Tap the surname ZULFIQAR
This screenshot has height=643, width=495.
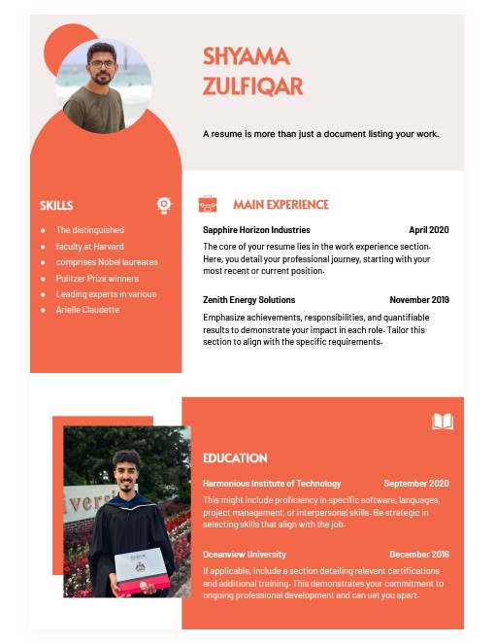(253, 85)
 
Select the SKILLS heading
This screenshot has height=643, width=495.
(56, 205)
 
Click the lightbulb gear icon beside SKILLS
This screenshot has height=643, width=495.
(164, 205)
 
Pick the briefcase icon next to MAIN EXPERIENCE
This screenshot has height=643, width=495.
(208, 204)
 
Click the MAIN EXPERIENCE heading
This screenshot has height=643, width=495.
(280, 205)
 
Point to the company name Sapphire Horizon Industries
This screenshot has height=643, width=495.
(256, 230)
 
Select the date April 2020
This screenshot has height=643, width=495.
(429, 230)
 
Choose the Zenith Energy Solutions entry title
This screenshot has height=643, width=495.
(248, 300)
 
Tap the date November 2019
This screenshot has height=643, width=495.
(419, 300)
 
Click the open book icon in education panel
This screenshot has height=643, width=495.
(442, 422)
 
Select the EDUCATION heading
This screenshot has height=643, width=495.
(235, 458)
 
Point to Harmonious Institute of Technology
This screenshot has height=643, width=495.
(272, 484)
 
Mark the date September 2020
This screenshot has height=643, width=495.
(416, 484)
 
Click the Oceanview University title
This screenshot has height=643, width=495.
(245, 555)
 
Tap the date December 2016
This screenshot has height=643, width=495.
(419, 555)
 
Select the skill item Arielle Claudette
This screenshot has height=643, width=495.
(87, 310)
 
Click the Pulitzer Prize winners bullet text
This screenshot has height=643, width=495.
(97, 278)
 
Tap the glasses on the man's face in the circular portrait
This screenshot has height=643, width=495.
(101, 65)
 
